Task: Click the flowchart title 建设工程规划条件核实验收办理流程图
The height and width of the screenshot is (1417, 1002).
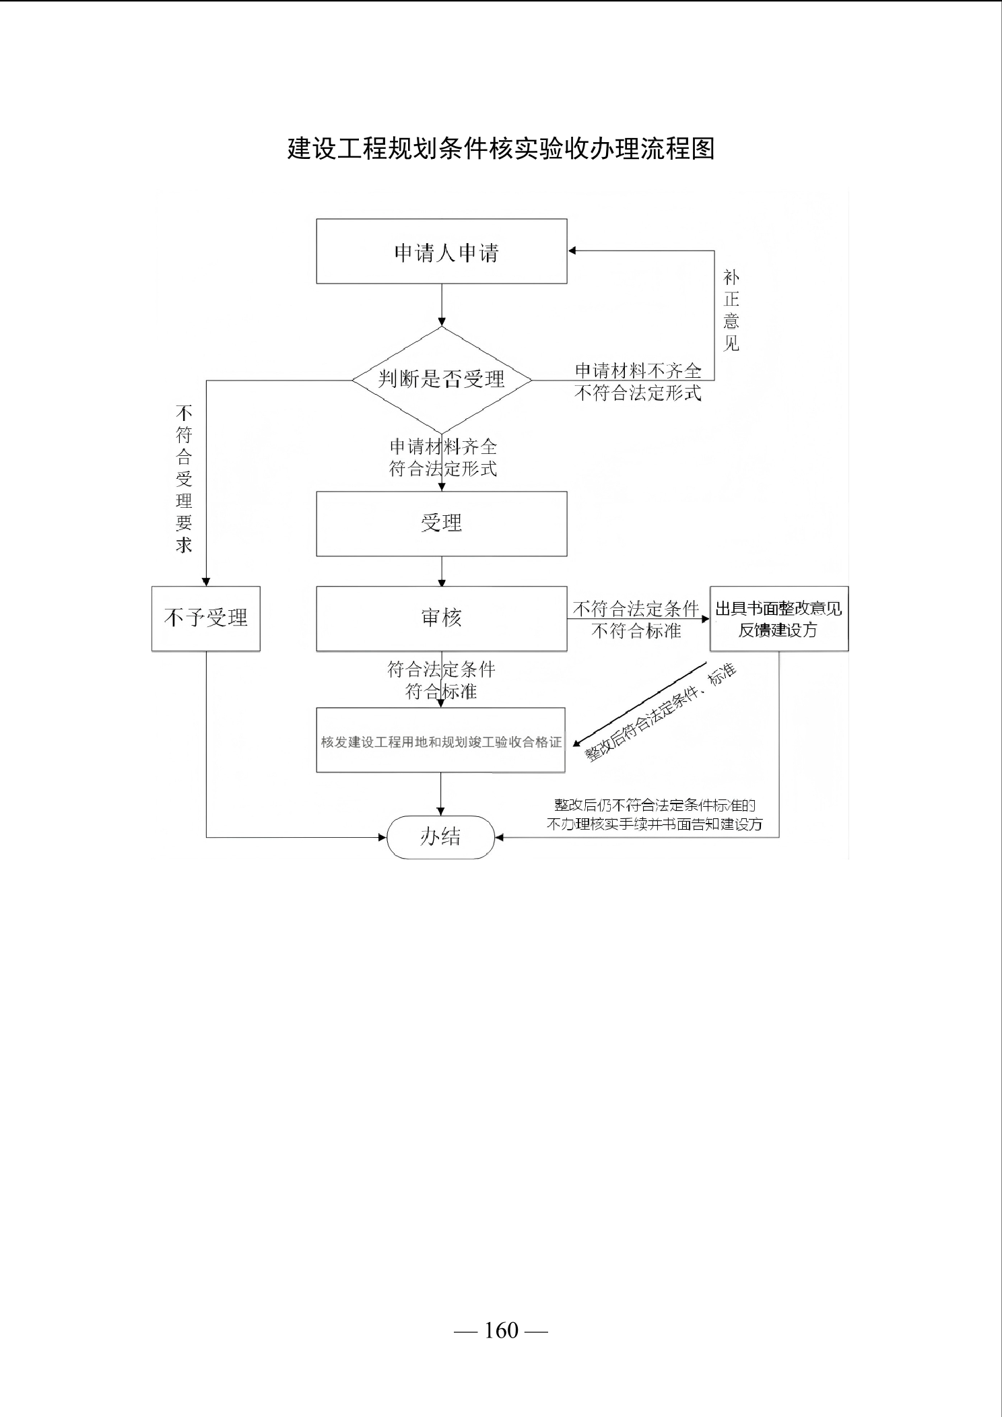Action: coord(501,148)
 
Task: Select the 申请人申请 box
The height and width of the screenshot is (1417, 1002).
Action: coord(442,251)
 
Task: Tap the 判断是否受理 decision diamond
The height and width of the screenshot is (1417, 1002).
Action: coord(442,380)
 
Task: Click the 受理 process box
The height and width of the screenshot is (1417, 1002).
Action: coord(442,524)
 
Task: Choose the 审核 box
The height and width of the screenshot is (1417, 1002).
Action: coord(442,618)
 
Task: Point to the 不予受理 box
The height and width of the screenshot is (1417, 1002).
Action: coord(206,618)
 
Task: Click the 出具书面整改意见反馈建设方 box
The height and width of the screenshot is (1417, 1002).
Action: coord(779,618)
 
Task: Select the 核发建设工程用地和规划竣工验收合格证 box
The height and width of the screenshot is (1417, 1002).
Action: coord(441,739)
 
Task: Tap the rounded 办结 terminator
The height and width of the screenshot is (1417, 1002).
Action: coord(441,837)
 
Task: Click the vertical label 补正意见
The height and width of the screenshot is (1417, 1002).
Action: coord(731,310)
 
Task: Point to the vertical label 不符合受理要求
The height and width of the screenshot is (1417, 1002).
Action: coord(184,478)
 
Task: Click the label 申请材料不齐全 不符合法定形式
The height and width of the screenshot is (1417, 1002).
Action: coord(638,382)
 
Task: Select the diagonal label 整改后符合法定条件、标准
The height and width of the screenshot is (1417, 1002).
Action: coord(661,713)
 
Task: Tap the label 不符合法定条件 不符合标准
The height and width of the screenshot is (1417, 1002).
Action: coord(636,620)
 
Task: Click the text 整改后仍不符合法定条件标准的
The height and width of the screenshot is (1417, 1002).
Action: coord(655,805)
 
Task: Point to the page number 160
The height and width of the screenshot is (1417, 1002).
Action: coord(502,1330)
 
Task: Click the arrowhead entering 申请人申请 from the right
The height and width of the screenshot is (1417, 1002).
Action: coord(572,251)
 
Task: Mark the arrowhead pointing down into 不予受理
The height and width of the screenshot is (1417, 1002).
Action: coord(206,582)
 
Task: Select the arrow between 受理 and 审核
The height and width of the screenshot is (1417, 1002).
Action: coord(442,571)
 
